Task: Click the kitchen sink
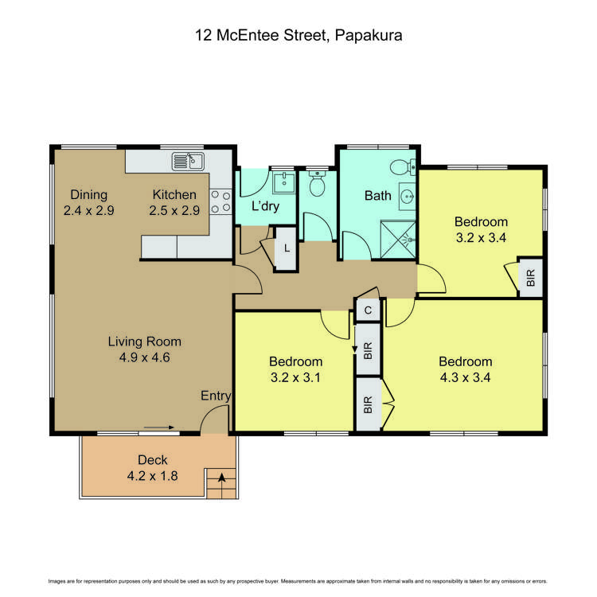click(x=188, y=162)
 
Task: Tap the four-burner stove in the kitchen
click(x=220, y=201)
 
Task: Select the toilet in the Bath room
click(x=403, y=167)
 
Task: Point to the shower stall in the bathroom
click(x=398, y=240)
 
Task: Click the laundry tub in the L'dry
click(x=283, y=182)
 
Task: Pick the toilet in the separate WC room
click(x=317, y=184)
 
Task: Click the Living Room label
click(x=145, y=341)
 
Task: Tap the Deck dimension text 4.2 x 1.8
click(x=152, y=476)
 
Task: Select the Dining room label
click(x=88, y=194)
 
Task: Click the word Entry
click(x=216, y=396)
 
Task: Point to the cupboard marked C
click(x=368, y=310)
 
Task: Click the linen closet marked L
click(x=286, y=248)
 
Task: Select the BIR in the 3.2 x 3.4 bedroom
click(x=531, y=278)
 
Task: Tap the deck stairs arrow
click(x=221, y=477)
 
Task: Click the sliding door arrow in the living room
click(x=159, y=427)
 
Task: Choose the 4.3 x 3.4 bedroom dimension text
click(x=466, y=377)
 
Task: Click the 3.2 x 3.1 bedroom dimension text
click(x=295, y=377)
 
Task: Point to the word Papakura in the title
click(x=369, y=35)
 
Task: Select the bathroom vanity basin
click(x=408, y=197)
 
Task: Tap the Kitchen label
click(x=174, y=194)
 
